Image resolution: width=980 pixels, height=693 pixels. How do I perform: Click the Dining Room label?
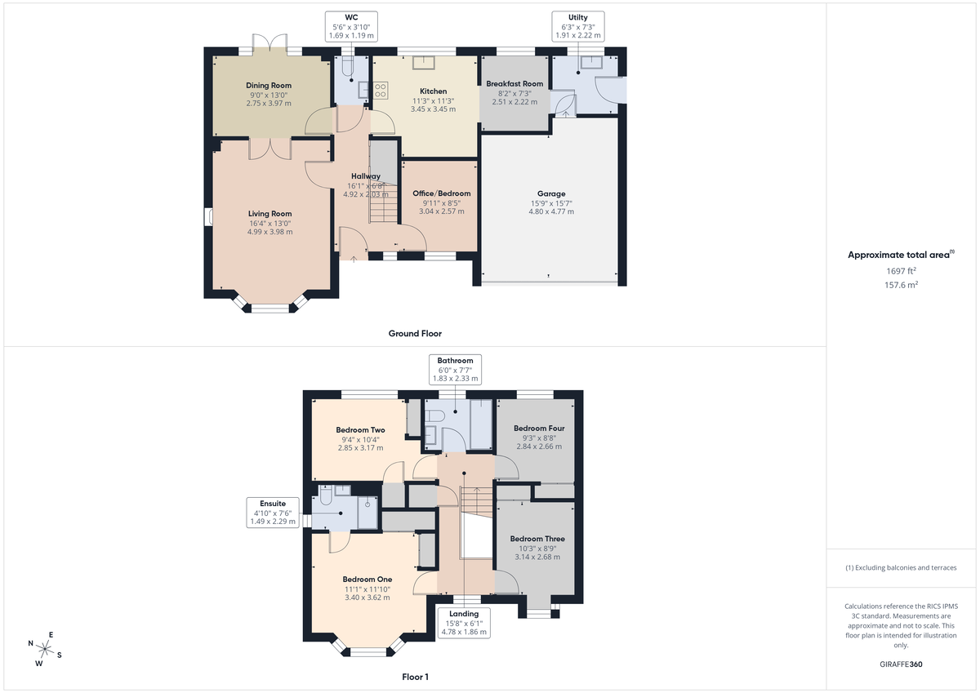(x=269, y=85)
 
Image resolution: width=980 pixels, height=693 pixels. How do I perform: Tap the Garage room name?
(x=551, y=193)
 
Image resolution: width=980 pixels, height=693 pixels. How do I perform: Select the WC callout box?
(x=352, y=26)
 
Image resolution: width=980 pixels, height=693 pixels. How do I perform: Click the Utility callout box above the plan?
(x=578, y=26)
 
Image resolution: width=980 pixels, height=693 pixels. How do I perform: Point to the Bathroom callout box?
(x=455, y=369)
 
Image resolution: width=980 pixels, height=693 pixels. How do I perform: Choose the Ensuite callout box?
(x=273, y=513)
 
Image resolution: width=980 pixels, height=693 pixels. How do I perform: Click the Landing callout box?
(x=464, y=622)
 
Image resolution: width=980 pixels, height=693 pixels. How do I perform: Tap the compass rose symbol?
(x=46, y=649)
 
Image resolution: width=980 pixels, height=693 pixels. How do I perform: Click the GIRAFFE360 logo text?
(x=902, y=664)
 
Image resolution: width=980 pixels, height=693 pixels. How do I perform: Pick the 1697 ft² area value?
(x=902, y=270)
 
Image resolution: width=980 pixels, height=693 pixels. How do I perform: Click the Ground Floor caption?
(x=415, y=333)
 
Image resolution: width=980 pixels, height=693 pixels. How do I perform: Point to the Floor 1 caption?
(x=415, y=677)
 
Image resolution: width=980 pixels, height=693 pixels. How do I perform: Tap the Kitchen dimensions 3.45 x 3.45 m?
(x=433, y=109)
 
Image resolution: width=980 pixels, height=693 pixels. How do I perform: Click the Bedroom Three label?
(x=537, y=539)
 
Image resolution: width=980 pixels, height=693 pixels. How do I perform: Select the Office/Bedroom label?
(x=441, y=193)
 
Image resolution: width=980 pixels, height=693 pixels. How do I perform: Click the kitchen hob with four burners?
(x=380, y=90)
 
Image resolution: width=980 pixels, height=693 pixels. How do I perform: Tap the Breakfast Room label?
(x=514, y=84)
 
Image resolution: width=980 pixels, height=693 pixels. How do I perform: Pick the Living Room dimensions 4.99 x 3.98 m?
(x=269, y=232)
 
